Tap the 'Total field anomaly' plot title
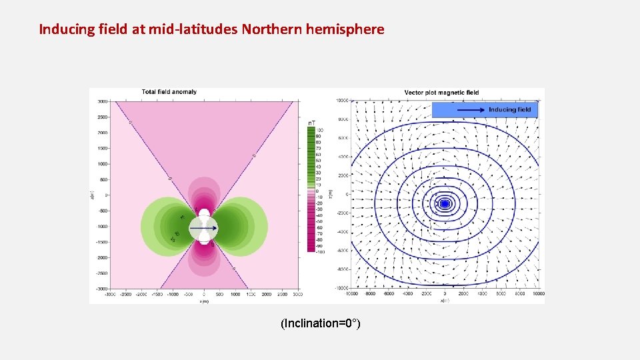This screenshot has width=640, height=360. point(169,92)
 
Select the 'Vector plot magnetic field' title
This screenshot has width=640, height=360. point(441,92)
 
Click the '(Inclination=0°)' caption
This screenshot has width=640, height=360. point(321,324)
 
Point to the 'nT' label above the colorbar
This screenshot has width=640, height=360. point(311,123)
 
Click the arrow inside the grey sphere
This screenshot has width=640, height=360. point(203,228)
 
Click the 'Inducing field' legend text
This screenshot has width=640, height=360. point(509,109)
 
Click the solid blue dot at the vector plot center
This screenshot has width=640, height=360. point(445,203)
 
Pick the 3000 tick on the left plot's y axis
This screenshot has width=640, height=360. point(101,102)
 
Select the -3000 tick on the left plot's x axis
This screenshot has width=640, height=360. point(109,294)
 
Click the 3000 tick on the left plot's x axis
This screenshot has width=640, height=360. point(298,294)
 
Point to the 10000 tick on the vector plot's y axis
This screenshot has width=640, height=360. point(341,101)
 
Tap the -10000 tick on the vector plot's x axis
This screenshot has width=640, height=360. point(351,293)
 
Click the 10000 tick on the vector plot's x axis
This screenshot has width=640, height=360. point(537,293)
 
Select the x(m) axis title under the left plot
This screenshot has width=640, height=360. point(204,300)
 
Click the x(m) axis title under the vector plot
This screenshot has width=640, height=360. point(445,300)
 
